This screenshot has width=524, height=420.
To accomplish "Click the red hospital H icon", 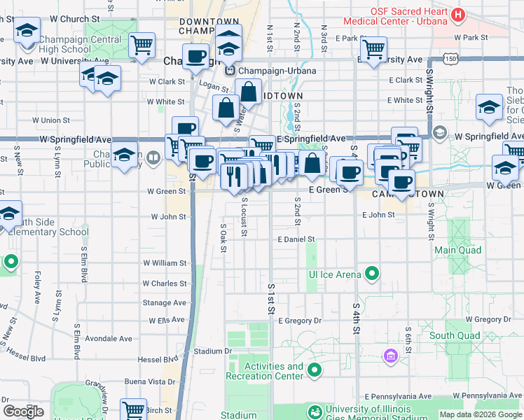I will pyautogui.click(x=458, y=13).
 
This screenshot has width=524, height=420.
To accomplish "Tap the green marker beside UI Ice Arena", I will pyautogui.click(x=373, y=274).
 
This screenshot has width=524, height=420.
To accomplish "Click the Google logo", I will pyautogui.click(x=23, y=411).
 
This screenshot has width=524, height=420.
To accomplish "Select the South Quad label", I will pyautogui.click(x=455, y=336).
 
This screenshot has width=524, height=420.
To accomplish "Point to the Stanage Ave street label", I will pyautogui.click(x=165, y=303).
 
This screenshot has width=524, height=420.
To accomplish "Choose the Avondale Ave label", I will pyautogui.click(x=109, y=339).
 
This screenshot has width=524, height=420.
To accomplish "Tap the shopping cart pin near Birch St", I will pyautogui.click(x=133, y=409).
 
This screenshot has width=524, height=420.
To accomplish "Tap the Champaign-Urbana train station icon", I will pyautogui.click(x=229, y=71).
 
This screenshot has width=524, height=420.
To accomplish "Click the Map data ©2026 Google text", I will pyautogui.click(x=480, y=414).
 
